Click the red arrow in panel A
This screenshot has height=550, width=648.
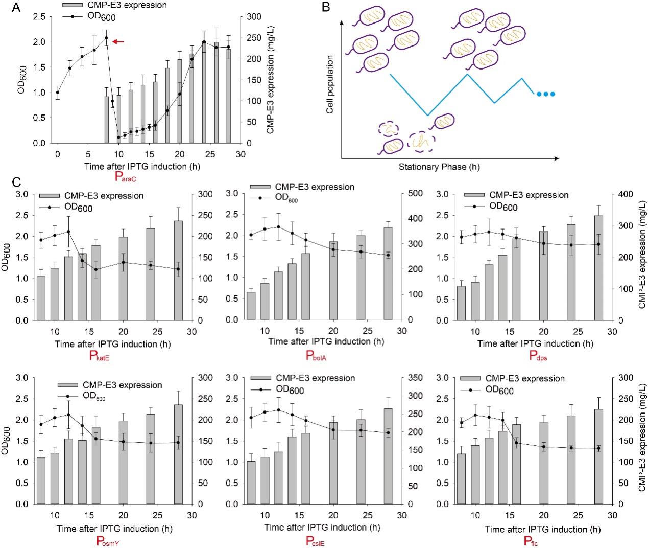(118, 41)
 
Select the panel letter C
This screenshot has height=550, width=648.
(16, 182)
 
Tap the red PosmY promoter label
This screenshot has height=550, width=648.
(108, 541)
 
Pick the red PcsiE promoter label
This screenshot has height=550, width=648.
(315, 541)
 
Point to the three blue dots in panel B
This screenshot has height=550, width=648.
(545, 94)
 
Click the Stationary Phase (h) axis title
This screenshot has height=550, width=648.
(440, 167)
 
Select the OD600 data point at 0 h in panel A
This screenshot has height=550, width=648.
(58, 93)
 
